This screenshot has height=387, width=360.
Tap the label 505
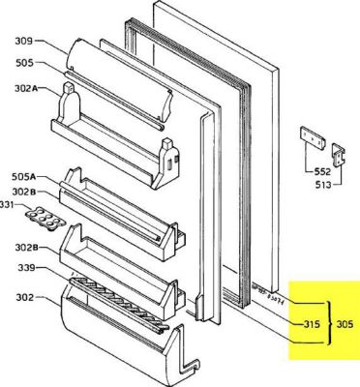point(24,63)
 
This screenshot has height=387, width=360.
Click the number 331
point(7,205)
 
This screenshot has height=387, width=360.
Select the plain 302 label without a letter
point(24,300)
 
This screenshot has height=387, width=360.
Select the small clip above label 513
point(340,153)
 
